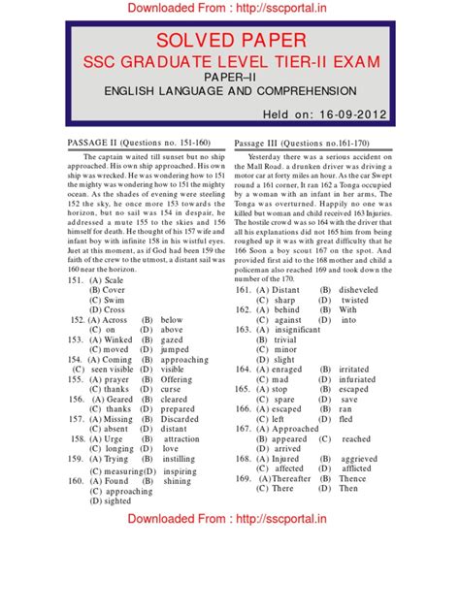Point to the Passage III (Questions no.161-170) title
pyautogui.click(x=307, y=142)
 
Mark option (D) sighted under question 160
pyautogui.click(x=110, y=501)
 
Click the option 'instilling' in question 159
pyautogui.click(x=180, y=459)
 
